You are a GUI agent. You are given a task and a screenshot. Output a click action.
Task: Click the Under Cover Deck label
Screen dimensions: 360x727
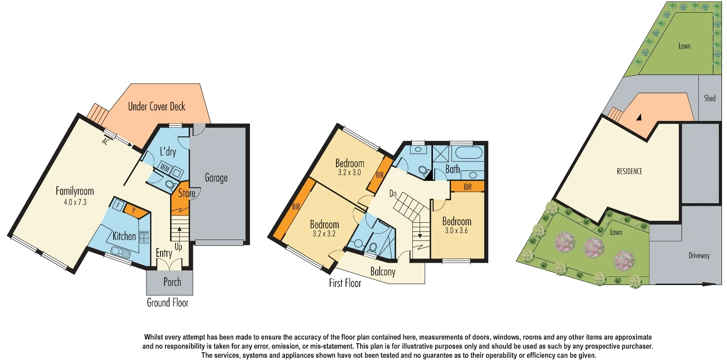click(x=156, y=106)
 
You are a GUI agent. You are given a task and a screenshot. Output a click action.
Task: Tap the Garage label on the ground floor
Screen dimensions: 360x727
click(x=216, y=178)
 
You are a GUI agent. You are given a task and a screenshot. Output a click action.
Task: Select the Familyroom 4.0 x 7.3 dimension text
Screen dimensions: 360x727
click(x=75, y=202)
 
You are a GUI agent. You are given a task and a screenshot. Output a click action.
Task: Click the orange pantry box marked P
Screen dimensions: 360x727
click(x=134, y=210)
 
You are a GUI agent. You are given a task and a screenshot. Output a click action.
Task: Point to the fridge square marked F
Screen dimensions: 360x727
click(x=118, y=205)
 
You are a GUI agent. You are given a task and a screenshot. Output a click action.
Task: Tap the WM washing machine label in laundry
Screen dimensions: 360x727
click(x=165, y=169)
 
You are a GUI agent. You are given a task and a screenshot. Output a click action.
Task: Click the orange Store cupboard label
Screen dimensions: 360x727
click(x=186, y=193)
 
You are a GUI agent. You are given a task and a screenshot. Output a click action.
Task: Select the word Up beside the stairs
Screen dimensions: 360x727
click(x=178, y=247)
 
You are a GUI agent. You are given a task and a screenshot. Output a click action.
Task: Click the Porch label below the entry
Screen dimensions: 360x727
click(x=172, y=282)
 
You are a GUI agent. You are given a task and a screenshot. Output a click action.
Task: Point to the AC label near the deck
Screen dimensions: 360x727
click(x=105, y=142)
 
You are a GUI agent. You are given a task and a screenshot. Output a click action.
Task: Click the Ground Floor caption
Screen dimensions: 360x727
click(x=167, y=303)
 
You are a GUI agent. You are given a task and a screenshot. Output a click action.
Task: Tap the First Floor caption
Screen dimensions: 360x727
click(x=345, y=283)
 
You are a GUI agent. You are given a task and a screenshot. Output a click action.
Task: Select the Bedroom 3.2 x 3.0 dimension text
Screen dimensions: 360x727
click(x=349, y=173)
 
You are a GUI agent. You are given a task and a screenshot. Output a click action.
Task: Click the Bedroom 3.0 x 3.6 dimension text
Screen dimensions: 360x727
click(x=456, y=230)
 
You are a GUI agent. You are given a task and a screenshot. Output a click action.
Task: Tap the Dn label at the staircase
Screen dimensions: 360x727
click(x=393, y=194)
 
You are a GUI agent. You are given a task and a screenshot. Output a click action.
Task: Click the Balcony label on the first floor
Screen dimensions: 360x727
click(x=382, y=272)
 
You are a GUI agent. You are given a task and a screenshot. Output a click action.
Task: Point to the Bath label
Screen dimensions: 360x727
click(x=452, y=169)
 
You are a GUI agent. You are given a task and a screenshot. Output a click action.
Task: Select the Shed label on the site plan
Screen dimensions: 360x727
click(x=709, y=98)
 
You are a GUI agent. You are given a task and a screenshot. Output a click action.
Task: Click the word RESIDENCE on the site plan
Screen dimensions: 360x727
click(x=629, y=171)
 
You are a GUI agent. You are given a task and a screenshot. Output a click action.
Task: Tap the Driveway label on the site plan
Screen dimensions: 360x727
click(x=699, y=255)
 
